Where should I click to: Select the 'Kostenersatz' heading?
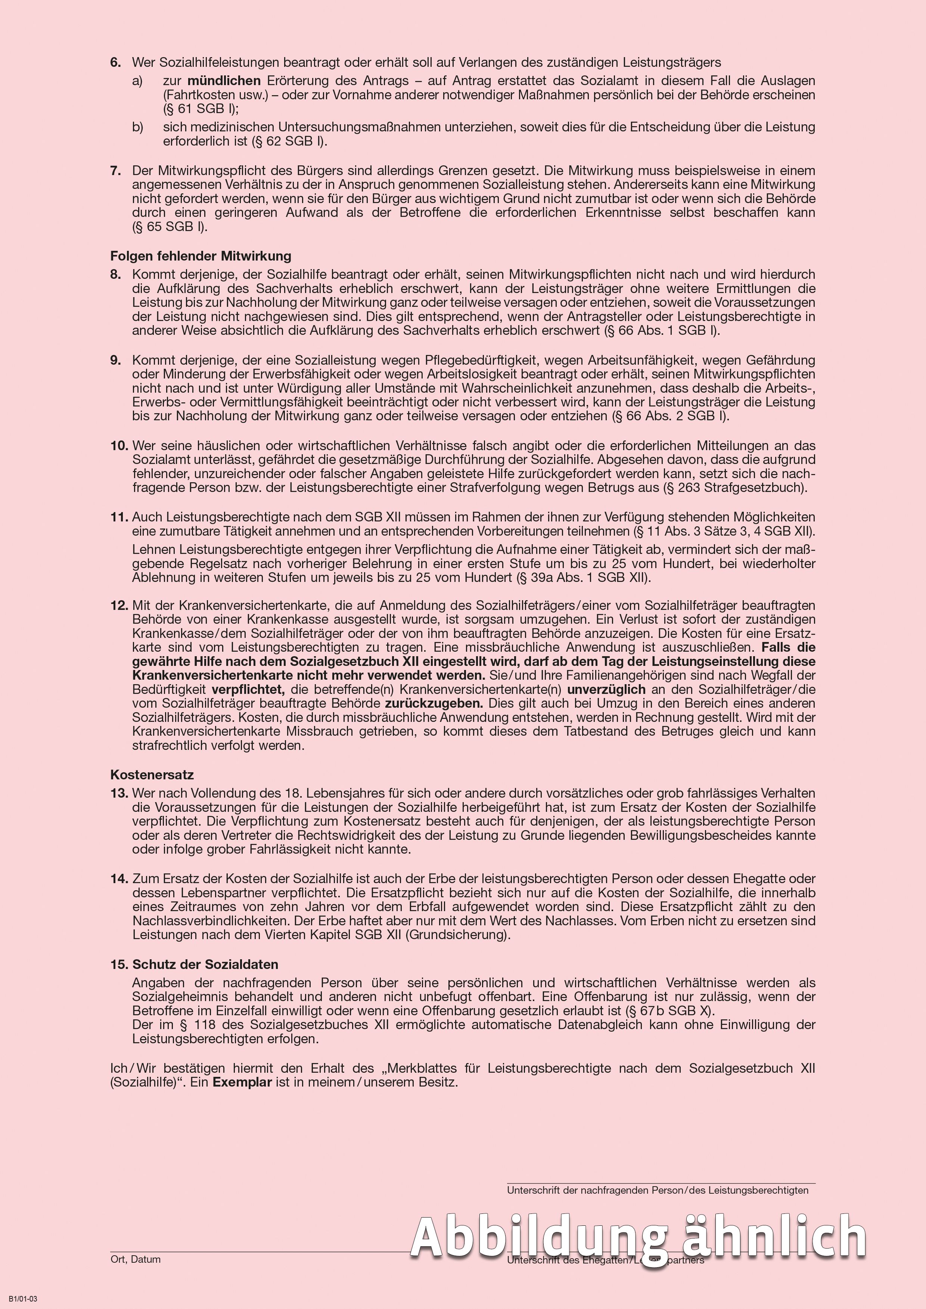click(x=152, y=775)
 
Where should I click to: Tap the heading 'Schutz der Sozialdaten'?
click(x=205, y=964)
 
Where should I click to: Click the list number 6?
click(x=116, y=62)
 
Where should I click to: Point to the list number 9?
click(x=116, y=360)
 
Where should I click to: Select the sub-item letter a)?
click(x=137, y=81)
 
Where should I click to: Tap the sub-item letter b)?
click(x=137, y=127)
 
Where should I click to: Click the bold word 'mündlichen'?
click(x=224, y=81)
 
